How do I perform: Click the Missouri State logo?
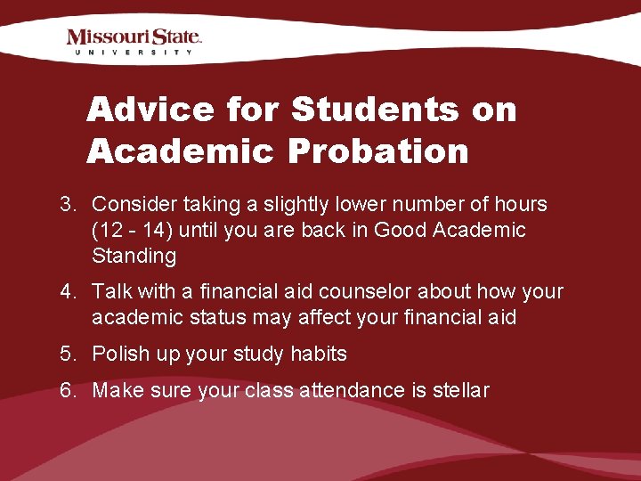pyautogui.click(x=134, y=37)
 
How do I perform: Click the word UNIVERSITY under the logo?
pyautogui.click(x=134, y=53)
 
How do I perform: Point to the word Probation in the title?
pyautogui.click(x=377, y=151)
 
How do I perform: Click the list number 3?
pyautogui.click(x=67, y=204)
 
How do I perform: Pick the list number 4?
pyautogui.click(x=67, y=291)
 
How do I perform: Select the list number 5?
pyautogui.click(x=67, y=354)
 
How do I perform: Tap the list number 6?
pyautogui.click(x=67, y=390)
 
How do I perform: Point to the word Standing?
pyautogui.click(x=134, y=257)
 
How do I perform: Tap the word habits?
pyautogui.click(x=318, y=354)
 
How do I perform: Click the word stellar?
pyautogui.click(x=459, y=390)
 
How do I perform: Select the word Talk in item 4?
pyautogui.click(x=111, y=291)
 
